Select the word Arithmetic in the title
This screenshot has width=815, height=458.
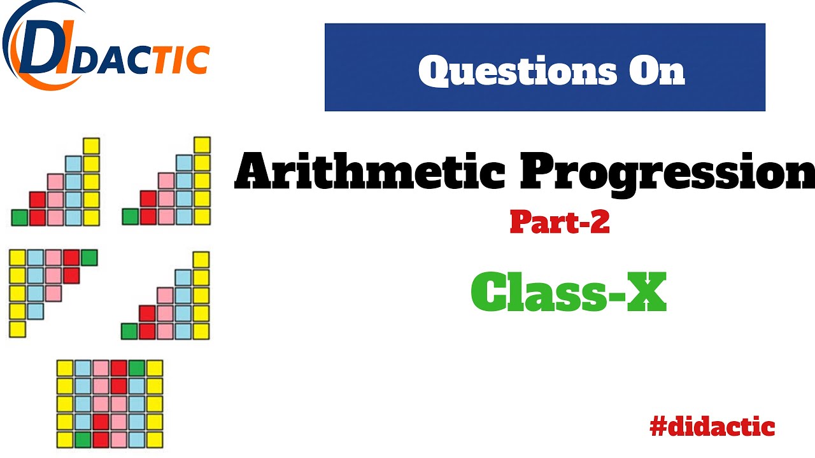pos(369,172)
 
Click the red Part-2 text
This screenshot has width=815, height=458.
pos(560,222)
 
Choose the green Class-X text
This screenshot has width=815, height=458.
pos(568,292)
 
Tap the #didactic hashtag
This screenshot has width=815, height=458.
pos(712,426)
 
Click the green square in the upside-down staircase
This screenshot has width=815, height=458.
pos(89,258)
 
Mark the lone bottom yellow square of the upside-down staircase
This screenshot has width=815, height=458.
pos(17,329)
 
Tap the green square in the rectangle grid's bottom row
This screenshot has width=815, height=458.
pos(83,439)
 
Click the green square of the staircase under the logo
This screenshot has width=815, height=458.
pos(20,218)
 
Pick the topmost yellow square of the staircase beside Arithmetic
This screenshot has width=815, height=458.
pos(202,145)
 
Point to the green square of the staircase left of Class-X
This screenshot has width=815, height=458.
pos(129,331)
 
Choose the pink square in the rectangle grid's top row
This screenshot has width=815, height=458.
pos(101,368)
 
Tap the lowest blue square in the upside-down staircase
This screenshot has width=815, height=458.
pos(35,311)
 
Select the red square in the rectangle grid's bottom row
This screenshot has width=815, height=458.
pos(101,439)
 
